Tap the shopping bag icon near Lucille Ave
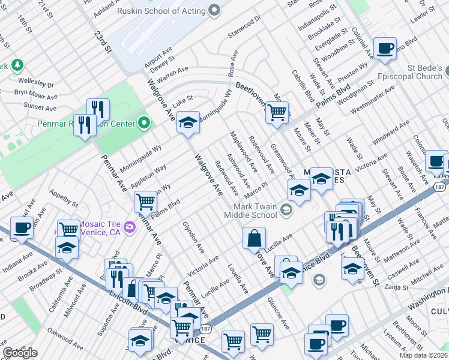pyautogui.click(x=255, y=237)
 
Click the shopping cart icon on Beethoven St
pyautogui.click(x=277, y=111)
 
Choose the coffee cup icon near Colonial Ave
pyautogui.click(x=385, y=47)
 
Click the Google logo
pyautogui.click(x=20, y=353)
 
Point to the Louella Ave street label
pyautogui.click(x=238, y=278)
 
